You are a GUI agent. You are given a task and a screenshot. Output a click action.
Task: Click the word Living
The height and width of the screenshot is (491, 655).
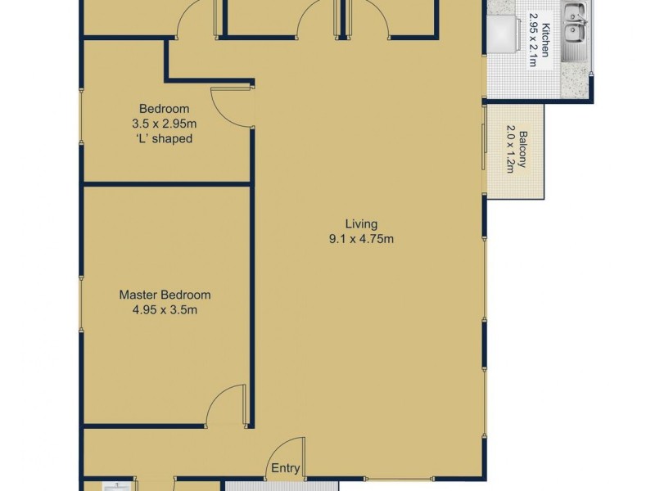[361, 223]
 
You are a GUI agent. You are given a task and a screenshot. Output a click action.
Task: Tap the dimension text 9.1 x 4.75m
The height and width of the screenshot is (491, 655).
[361, 239]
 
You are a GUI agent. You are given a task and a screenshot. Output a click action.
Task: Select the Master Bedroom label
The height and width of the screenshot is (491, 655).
[165, 295]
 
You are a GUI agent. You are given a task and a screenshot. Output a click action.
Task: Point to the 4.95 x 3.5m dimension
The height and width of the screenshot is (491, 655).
[165, 310]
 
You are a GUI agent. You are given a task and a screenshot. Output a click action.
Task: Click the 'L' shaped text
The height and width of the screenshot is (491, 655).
[165, 138]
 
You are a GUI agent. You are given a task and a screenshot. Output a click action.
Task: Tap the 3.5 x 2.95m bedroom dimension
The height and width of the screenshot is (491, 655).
[165, 124]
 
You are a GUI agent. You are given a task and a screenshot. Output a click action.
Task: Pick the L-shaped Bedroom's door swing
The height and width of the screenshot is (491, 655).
[229, 106]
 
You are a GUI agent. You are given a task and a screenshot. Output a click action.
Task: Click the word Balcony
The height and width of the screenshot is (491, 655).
[522, 151]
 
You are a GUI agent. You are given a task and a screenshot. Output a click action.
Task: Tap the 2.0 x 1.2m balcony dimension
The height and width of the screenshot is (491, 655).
[510, 151]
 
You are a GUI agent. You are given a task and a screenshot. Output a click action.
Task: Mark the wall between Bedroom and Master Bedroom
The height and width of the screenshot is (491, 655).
[167, 184]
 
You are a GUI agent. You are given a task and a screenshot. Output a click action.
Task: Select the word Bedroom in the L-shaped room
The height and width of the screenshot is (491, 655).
[165, 109]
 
